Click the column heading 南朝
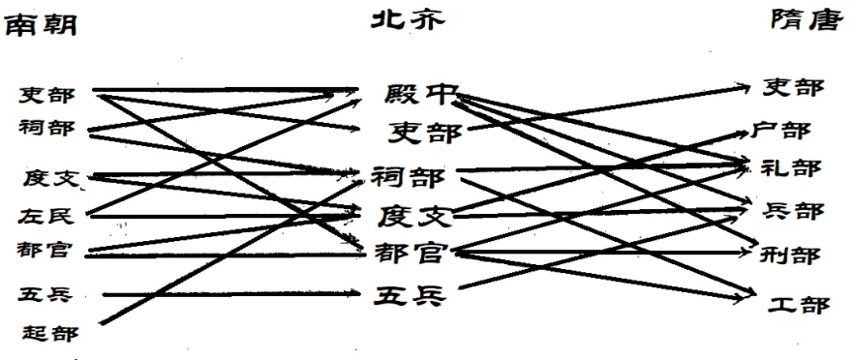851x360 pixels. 42,26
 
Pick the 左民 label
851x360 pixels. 45,215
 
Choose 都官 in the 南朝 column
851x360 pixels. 45,250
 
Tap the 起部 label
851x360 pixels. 46,333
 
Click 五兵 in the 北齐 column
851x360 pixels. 410,295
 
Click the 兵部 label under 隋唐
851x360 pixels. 792,210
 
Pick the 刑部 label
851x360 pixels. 792,254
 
